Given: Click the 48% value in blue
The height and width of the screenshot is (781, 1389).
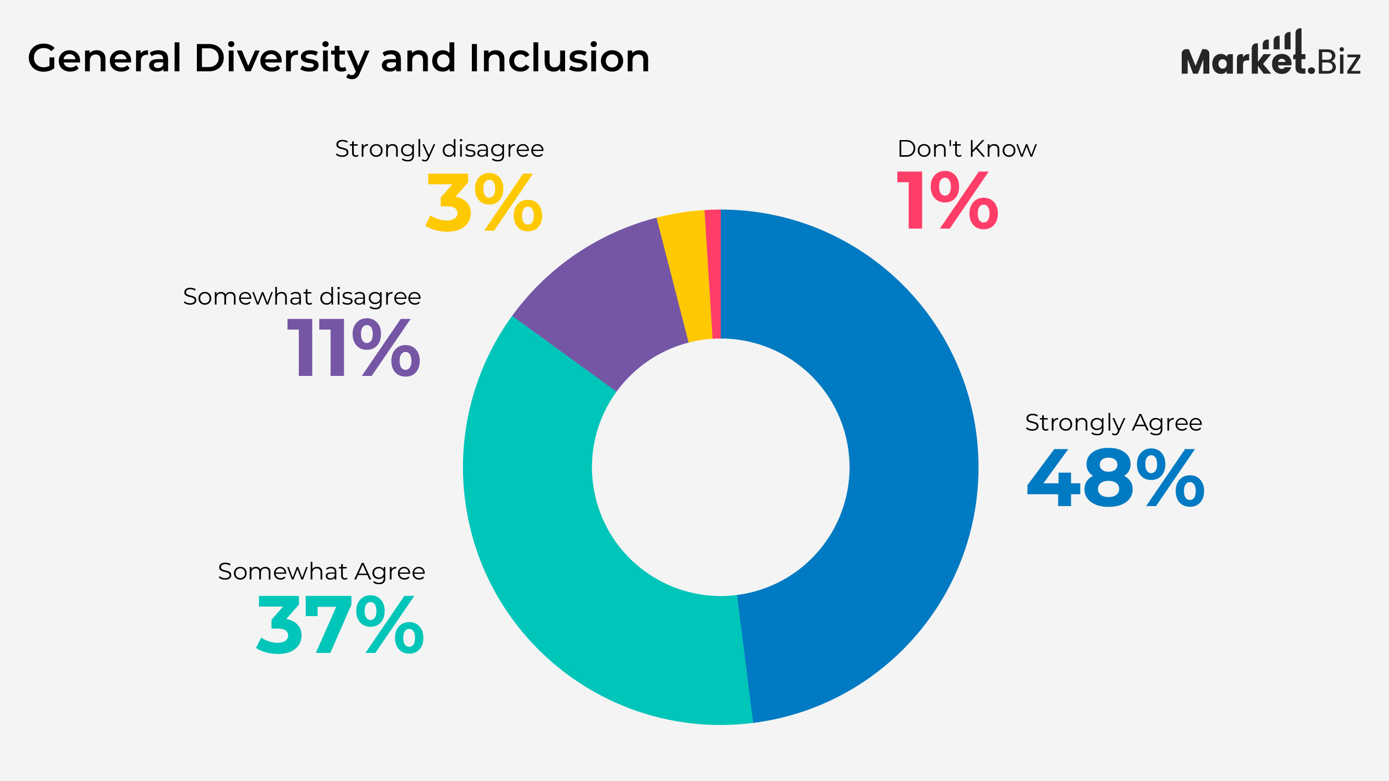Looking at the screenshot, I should click(1115, 478).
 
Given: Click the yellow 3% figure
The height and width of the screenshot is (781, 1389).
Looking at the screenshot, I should click(484, 204).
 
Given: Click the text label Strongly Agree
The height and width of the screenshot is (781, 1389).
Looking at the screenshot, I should click(1113, 423).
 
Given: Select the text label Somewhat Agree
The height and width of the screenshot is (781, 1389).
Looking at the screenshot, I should click(321, 571).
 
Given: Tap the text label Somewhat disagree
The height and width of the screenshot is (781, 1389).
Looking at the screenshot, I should click(302, 296).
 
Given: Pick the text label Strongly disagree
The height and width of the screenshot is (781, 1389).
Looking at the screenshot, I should click(440, 149).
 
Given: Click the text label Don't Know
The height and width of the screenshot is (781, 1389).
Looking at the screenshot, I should click(966, 149).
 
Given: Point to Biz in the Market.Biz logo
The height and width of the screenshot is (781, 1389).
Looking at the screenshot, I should click(1339, 62).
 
